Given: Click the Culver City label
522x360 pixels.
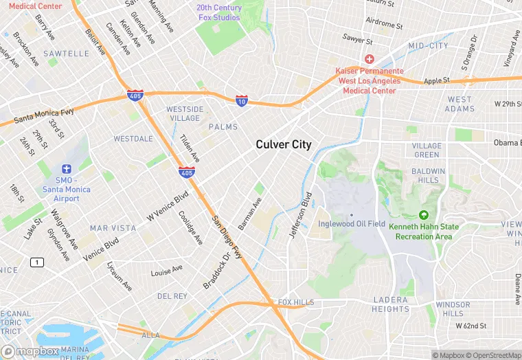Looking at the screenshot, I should tap(283, 144).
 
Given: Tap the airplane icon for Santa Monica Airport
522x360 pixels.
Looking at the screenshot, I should tap(67, 169).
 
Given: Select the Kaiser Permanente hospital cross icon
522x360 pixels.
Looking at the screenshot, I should tap(370, 60).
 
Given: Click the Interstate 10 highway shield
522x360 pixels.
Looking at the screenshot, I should tap(241, 100).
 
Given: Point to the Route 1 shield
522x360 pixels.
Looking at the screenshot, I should tap(36, 262).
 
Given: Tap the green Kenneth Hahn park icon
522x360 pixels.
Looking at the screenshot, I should tap(423, 215).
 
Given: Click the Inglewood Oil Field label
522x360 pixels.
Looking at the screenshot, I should tap(351, 224).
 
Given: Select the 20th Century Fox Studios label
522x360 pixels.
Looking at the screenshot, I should tap(219, 12).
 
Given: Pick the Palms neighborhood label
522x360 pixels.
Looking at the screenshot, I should tap(223, 127).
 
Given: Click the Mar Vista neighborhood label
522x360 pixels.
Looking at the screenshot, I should tap(108, 227).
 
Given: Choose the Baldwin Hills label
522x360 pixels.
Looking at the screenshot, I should tap(429, 175).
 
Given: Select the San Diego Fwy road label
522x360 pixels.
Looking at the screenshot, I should tap(226, 238).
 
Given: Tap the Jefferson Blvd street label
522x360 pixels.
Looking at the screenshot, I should tap(299, 214).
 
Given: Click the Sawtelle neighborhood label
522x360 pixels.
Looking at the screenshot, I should tap(66, 53).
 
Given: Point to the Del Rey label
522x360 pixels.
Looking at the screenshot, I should tap(172, 296).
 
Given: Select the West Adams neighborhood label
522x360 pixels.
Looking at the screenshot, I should tap(459, 104).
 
